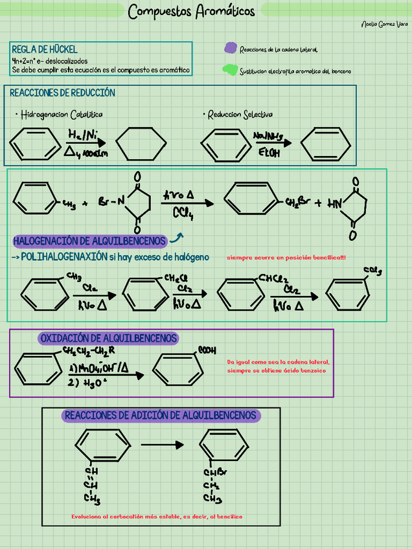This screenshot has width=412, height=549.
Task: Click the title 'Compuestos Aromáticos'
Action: point(192,12)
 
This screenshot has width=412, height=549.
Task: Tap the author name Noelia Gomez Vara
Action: point(385,24)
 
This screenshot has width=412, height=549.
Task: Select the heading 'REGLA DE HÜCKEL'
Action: point(45,49)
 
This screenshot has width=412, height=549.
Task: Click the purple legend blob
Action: point(230,48)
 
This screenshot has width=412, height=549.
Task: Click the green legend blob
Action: point(229,70)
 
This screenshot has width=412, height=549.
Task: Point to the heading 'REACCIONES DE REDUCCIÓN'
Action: point(63,93)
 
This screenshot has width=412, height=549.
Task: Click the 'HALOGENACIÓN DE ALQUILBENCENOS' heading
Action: point(89,241)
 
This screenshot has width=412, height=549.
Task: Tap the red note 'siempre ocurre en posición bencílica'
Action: point(286,258)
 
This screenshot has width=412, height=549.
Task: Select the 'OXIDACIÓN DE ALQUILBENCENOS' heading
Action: point(108,338)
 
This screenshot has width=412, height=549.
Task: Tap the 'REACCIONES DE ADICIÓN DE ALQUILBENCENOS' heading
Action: point(161,415)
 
